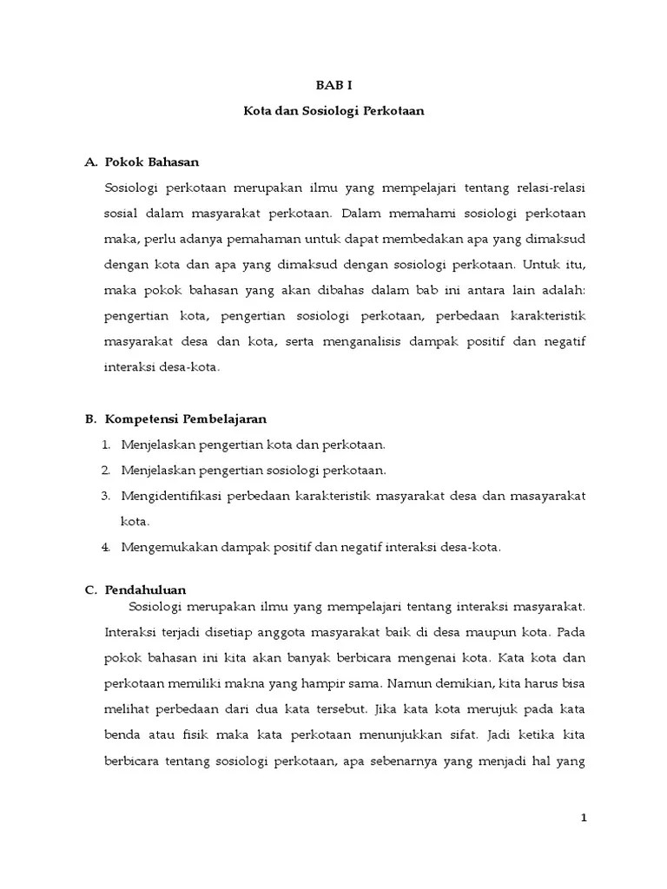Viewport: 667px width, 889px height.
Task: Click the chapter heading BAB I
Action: click(333, 85)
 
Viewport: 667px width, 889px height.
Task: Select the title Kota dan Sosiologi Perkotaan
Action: click(333, 113)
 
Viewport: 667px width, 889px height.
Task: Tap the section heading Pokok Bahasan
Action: click(152, 161)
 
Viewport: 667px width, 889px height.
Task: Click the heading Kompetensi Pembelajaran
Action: click(186, 418)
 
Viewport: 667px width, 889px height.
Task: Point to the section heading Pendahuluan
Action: click(146, 589)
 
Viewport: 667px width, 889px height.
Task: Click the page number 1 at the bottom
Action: click(584, 818)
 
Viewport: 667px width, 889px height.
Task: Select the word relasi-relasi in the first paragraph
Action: click(551, 188)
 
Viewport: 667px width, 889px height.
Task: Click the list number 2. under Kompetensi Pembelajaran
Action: click(105, 471)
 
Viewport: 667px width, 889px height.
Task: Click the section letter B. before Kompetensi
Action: click(90, 418)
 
